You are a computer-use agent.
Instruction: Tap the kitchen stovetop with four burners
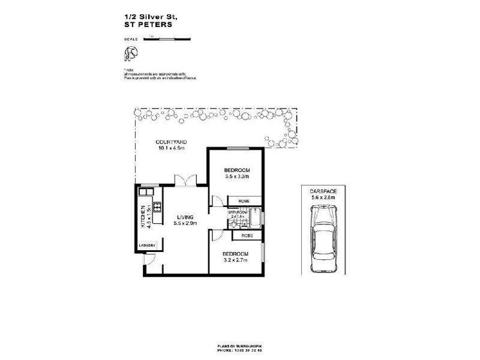point(157,208)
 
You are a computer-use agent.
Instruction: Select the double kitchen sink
point(147,193)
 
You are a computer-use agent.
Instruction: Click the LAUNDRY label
point(147,245)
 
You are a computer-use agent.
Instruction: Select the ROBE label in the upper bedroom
point(244,201)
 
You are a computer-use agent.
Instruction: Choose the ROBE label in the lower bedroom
point(247,236)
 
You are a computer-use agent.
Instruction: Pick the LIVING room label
point(184,218)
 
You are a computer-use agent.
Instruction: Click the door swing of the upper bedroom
point(216,202)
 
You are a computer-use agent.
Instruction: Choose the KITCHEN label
point(143,217)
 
